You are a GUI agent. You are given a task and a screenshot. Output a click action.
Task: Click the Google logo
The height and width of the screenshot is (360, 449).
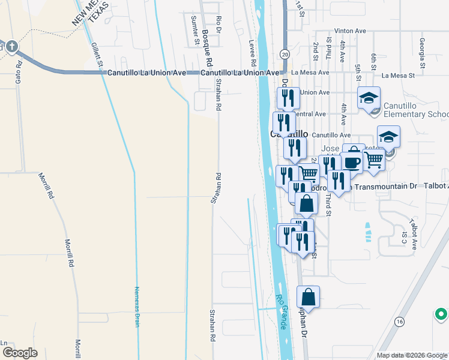click(x=19, y=353)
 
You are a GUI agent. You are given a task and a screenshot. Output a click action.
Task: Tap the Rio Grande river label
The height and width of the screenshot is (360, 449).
click(x=283, y=306)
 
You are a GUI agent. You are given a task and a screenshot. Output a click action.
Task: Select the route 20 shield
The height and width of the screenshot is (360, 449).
click(x=284, y=55)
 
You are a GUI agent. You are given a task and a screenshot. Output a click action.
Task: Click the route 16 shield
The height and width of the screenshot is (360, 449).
click(x=399, y=322)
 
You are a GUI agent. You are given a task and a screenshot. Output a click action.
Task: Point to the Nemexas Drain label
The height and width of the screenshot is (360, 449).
click(x=136, y=306)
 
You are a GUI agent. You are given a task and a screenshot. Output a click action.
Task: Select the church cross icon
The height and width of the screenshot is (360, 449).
click(x=11, y=47)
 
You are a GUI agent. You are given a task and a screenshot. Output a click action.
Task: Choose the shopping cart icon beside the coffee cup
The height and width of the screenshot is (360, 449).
click(x=373, y=159)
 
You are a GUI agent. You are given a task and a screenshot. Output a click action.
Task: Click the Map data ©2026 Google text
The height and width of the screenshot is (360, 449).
click(x=411, y=355)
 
